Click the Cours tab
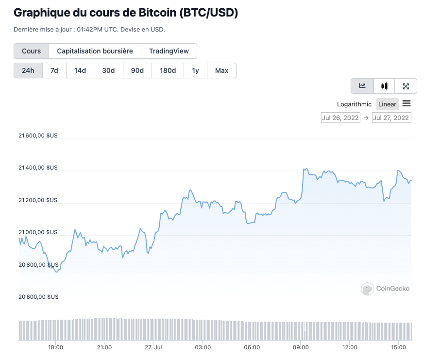point(31,51)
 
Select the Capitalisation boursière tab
point(95,51)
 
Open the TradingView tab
point(169,51)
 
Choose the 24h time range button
point(28,70)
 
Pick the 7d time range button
point(54,70)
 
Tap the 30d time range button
point(108,70)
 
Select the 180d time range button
point(168,70)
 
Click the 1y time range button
point(195,70)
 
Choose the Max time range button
point(221,70)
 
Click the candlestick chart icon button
point(384,86)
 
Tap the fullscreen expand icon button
point(406,86)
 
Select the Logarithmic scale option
point(354,104)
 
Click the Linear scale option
point(387,104)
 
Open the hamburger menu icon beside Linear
point(407,103)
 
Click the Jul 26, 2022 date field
point(340,118)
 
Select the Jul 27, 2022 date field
point(391,118)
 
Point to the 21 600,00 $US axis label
point(38,136)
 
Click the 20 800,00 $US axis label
point(38,265)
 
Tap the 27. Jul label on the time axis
point(153,347)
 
